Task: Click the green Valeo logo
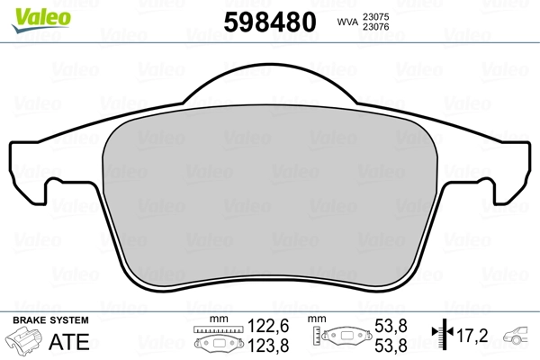point(41,20)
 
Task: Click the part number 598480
point(270,22)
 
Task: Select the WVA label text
point(347,22)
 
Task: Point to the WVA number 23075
point(375,17)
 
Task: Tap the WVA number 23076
point(375,27)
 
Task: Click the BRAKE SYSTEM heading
point(50,320)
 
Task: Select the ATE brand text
point(69,342)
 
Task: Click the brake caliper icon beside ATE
point(23,339)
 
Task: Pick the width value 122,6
point(268,326)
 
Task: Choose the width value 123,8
point(268,346)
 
